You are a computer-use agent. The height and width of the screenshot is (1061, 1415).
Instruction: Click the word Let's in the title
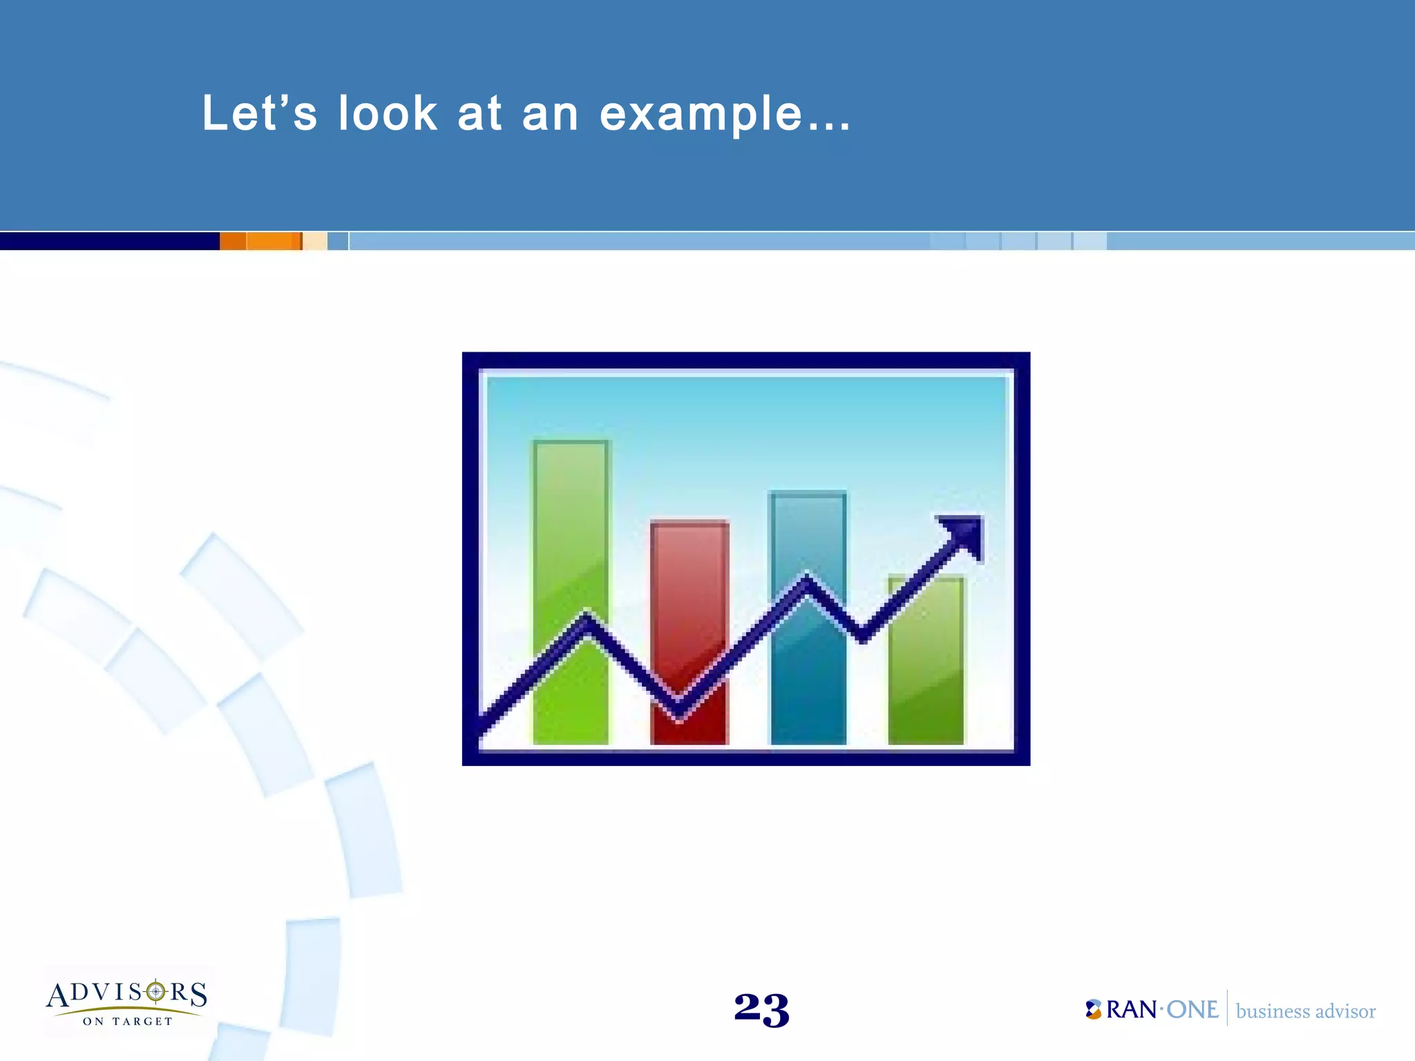259,113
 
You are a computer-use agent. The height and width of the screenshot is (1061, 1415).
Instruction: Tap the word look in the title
388,113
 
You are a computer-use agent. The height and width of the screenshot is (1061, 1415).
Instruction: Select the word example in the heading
701,115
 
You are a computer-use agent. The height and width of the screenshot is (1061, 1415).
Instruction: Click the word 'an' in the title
550,115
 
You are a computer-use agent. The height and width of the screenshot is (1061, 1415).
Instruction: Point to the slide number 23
761,1009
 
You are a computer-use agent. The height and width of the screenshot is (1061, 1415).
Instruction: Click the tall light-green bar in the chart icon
571,525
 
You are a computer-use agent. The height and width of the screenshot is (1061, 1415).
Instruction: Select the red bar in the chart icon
690,594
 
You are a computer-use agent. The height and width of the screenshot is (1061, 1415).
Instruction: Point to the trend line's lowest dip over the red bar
678,708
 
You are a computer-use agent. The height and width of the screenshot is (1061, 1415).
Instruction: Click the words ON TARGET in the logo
128,1021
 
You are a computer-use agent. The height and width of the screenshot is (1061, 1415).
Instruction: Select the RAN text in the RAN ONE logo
1131,1010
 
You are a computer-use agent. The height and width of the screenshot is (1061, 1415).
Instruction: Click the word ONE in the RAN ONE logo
1192,1010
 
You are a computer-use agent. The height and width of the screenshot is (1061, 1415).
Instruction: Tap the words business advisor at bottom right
1305,1011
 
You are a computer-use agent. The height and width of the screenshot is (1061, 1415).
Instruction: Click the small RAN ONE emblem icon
1093,1009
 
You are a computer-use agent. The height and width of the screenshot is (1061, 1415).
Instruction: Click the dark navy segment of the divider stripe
109,241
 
